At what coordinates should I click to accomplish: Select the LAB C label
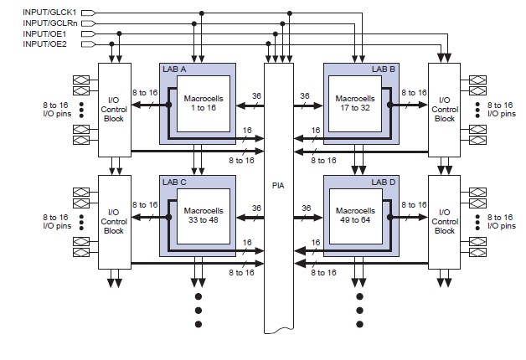[x=175, y=180]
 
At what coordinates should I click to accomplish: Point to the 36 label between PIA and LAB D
[x=306, y=209]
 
